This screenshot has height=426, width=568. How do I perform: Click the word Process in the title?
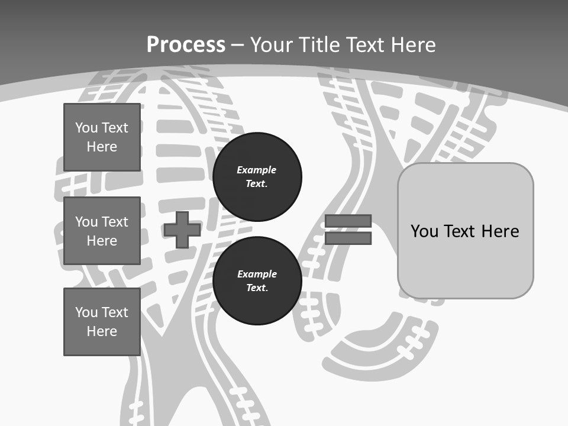coord(186,45)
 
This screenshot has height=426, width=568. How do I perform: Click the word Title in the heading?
coord(319,45)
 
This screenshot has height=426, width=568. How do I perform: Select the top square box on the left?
coord(102,137)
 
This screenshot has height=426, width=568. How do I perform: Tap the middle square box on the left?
coord(102,231)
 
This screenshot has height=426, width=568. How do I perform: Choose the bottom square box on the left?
coord(102,322)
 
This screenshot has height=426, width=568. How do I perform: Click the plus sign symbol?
coord(182,230)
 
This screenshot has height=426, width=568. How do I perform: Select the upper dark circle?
coord(257,177)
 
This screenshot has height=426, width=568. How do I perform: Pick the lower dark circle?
coord(257,280)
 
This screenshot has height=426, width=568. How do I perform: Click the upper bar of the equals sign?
coord(348,221)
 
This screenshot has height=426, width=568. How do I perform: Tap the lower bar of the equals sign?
coord(348,238)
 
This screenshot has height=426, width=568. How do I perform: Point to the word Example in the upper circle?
coord(256,170)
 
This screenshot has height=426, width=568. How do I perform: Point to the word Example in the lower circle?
coord(257,274)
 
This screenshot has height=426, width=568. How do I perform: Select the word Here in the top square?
coord(102,147)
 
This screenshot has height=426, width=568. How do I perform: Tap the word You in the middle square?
coord(86,222)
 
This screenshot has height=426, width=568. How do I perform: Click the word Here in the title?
coord(413,45)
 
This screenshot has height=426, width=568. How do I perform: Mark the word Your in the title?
coord(272,45)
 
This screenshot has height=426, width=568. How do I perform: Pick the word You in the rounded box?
coord(424,231)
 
